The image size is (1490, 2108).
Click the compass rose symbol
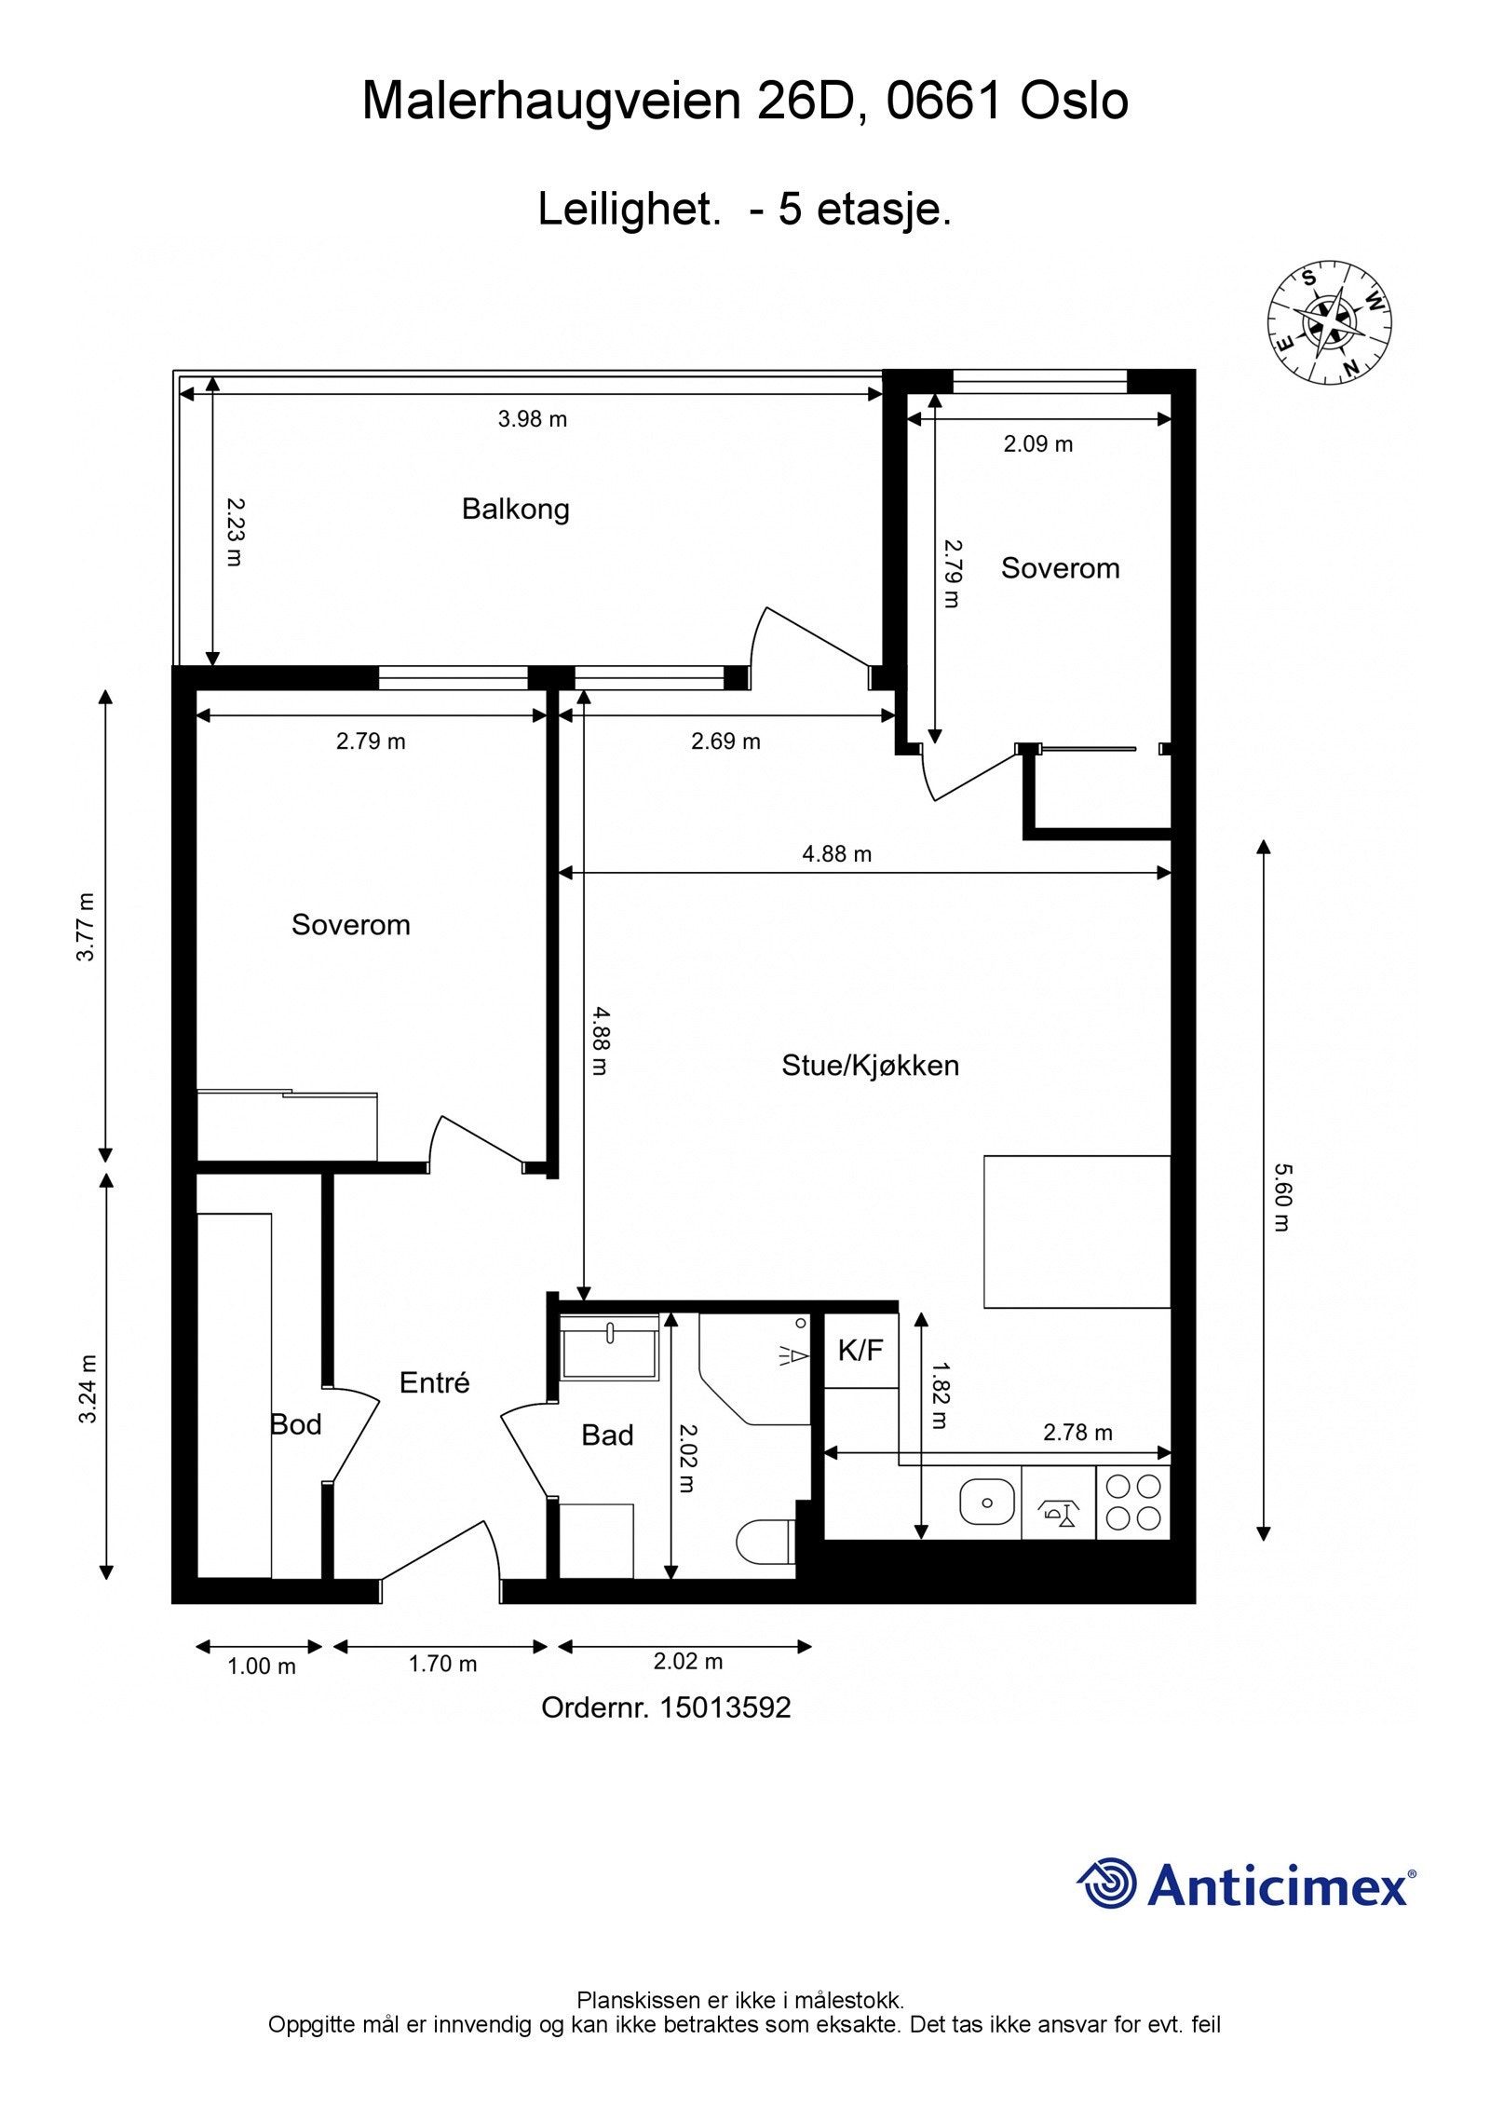pos(1329,321)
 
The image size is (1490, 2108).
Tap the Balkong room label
pos(515,509)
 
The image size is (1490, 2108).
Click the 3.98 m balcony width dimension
pos(532,418)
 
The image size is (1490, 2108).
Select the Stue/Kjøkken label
pos(870,1065)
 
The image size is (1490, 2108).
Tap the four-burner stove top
pos(1133,1502)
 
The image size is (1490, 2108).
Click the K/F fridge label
pos(860,1350)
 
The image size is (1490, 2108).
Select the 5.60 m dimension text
pos(1281,1197)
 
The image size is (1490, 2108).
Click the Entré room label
pos(434,1382)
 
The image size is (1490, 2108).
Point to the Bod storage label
pos(295,1424)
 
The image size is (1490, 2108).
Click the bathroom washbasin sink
pos(609,1344)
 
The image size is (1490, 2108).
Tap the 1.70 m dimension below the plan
pos(442,1664)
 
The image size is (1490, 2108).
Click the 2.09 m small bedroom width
pos(1037,443)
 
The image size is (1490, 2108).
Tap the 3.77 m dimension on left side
pos(86,927)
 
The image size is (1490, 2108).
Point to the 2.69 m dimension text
pos(725,741)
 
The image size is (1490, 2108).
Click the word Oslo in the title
pos(1074,101)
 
